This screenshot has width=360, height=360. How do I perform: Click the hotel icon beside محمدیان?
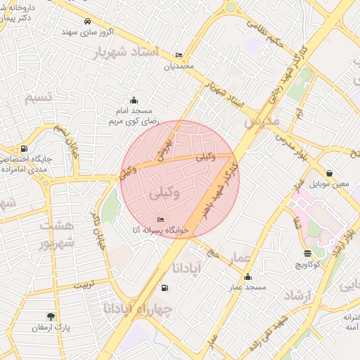click(x=179, y=56)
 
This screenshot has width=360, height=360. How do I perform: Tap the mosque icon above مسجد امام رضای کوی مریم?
click(x=134, y=100)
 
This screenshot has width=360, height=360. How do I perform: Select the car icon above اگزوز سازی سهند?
click(x=86, y=21)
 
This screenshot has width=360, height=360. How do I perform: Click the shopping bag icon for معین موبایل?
click(x=329, y=173)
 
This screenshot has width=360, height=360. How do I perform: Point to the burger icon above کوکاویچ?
click(x=307, y=253)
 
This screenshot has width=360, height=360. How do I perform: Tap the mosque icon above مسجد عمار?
click(x=247, y=276)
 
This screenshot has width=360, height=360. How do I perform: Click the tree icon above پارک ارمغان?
click(x=51, y=316)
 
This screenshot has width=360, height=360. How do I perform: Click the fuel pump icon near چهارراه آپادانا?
click(x=165, y=287)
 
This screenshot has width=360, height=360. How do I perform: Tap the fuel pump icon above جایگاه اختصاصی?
click(x=25, y=148)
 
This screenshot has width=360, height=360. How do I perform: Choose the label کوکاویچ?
click(x=308, y=264)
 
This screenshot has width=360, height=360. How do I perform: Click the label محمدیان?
click(x=178, y=67)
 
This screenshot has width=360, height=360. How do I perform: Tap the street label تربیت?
click(x=83, y=286)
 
